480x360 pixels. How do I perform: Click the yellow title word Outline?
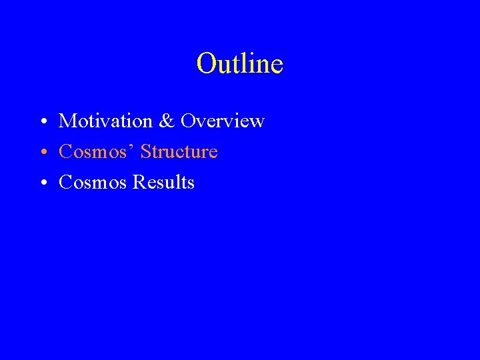[240, 64]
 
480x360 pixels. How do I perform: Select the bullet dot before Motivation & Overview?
[41, 122]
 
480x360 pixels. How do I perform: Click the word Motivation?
[105, 121]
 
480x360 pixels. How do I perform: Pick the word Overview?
[223, 121]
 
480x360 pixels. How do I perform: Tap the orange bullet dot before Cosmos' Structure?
[41, 153]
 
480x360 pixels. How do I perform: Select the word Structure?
[179, 152]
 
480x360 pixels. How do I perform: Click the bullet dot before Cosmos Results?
[41, 183]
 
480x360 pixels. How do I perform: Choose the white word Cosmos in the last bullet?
[93, 183]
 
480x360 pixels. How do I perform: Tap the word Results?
[163, 183]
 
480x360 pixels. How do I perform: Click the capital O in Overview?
[188, 121]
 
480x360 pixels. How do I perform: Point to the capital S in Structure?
[146, 152]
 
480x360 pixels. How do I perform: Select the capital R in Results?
[139, 183]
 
